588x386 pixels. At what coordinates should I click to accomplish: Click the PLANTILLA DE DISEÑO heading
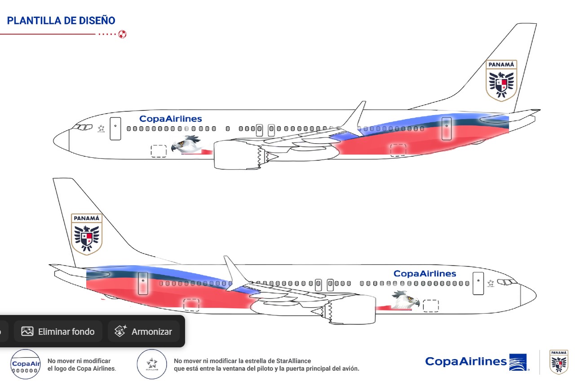61,21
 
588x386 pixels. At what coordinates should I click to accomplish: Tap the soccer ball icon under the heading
122,34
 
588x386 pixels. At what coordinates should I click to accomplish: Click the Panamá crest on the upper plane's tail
501,80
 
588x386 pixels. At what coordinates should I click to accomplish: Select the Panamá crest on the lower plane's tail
87,234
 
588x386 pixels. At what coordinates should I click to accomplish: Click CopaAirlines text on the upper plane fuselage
171,119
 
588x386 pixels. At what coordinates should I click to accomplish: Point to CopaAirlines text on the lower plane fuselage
424,274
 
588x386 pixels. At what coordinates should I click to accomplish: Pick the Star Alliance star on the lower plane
491,283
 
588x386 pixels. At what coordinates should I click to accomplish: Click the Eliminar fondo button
58,332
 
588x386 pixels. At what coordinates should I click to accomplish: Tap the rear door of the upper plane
447,129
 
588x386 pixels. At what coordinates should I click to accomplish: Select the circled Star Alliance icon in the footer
152,364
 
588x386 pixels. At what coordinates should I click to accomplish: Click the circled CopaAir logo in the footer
26,364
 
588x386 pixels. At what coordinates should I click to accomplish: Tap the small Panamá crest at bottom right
559,362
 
